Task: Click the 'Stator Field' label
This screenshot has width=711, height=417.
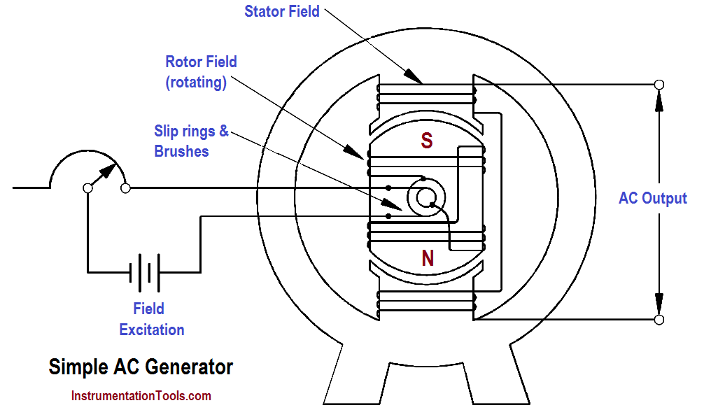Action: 282,11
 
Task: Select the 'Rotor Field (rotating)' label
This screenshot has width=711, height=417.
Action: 201,72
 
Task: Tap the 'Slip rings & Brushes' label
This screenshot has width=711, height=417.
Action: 191,141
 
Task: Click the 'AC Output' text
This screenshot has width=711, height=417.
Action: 652,198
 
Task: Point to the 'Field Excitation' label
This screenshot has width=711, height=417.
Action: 151,319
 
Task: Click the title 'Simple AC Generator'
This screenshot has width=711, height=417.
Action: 140,367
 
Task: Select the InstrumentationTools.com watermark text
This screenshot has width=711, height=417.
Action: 141,396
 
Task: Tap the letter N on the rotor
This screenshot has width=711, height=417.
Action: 427,259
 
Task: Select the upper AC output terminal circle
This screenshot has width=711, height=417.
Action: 658,85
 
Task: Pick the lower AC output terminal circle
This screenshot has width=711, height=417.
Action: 658,320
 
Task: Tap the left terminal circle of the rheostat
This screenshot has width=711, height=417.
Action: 87,188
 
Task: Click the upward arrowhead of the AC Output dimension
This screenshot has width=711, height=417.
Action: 658,101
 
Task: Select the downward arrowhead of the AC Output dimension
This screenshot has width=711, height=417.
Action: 658,303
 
